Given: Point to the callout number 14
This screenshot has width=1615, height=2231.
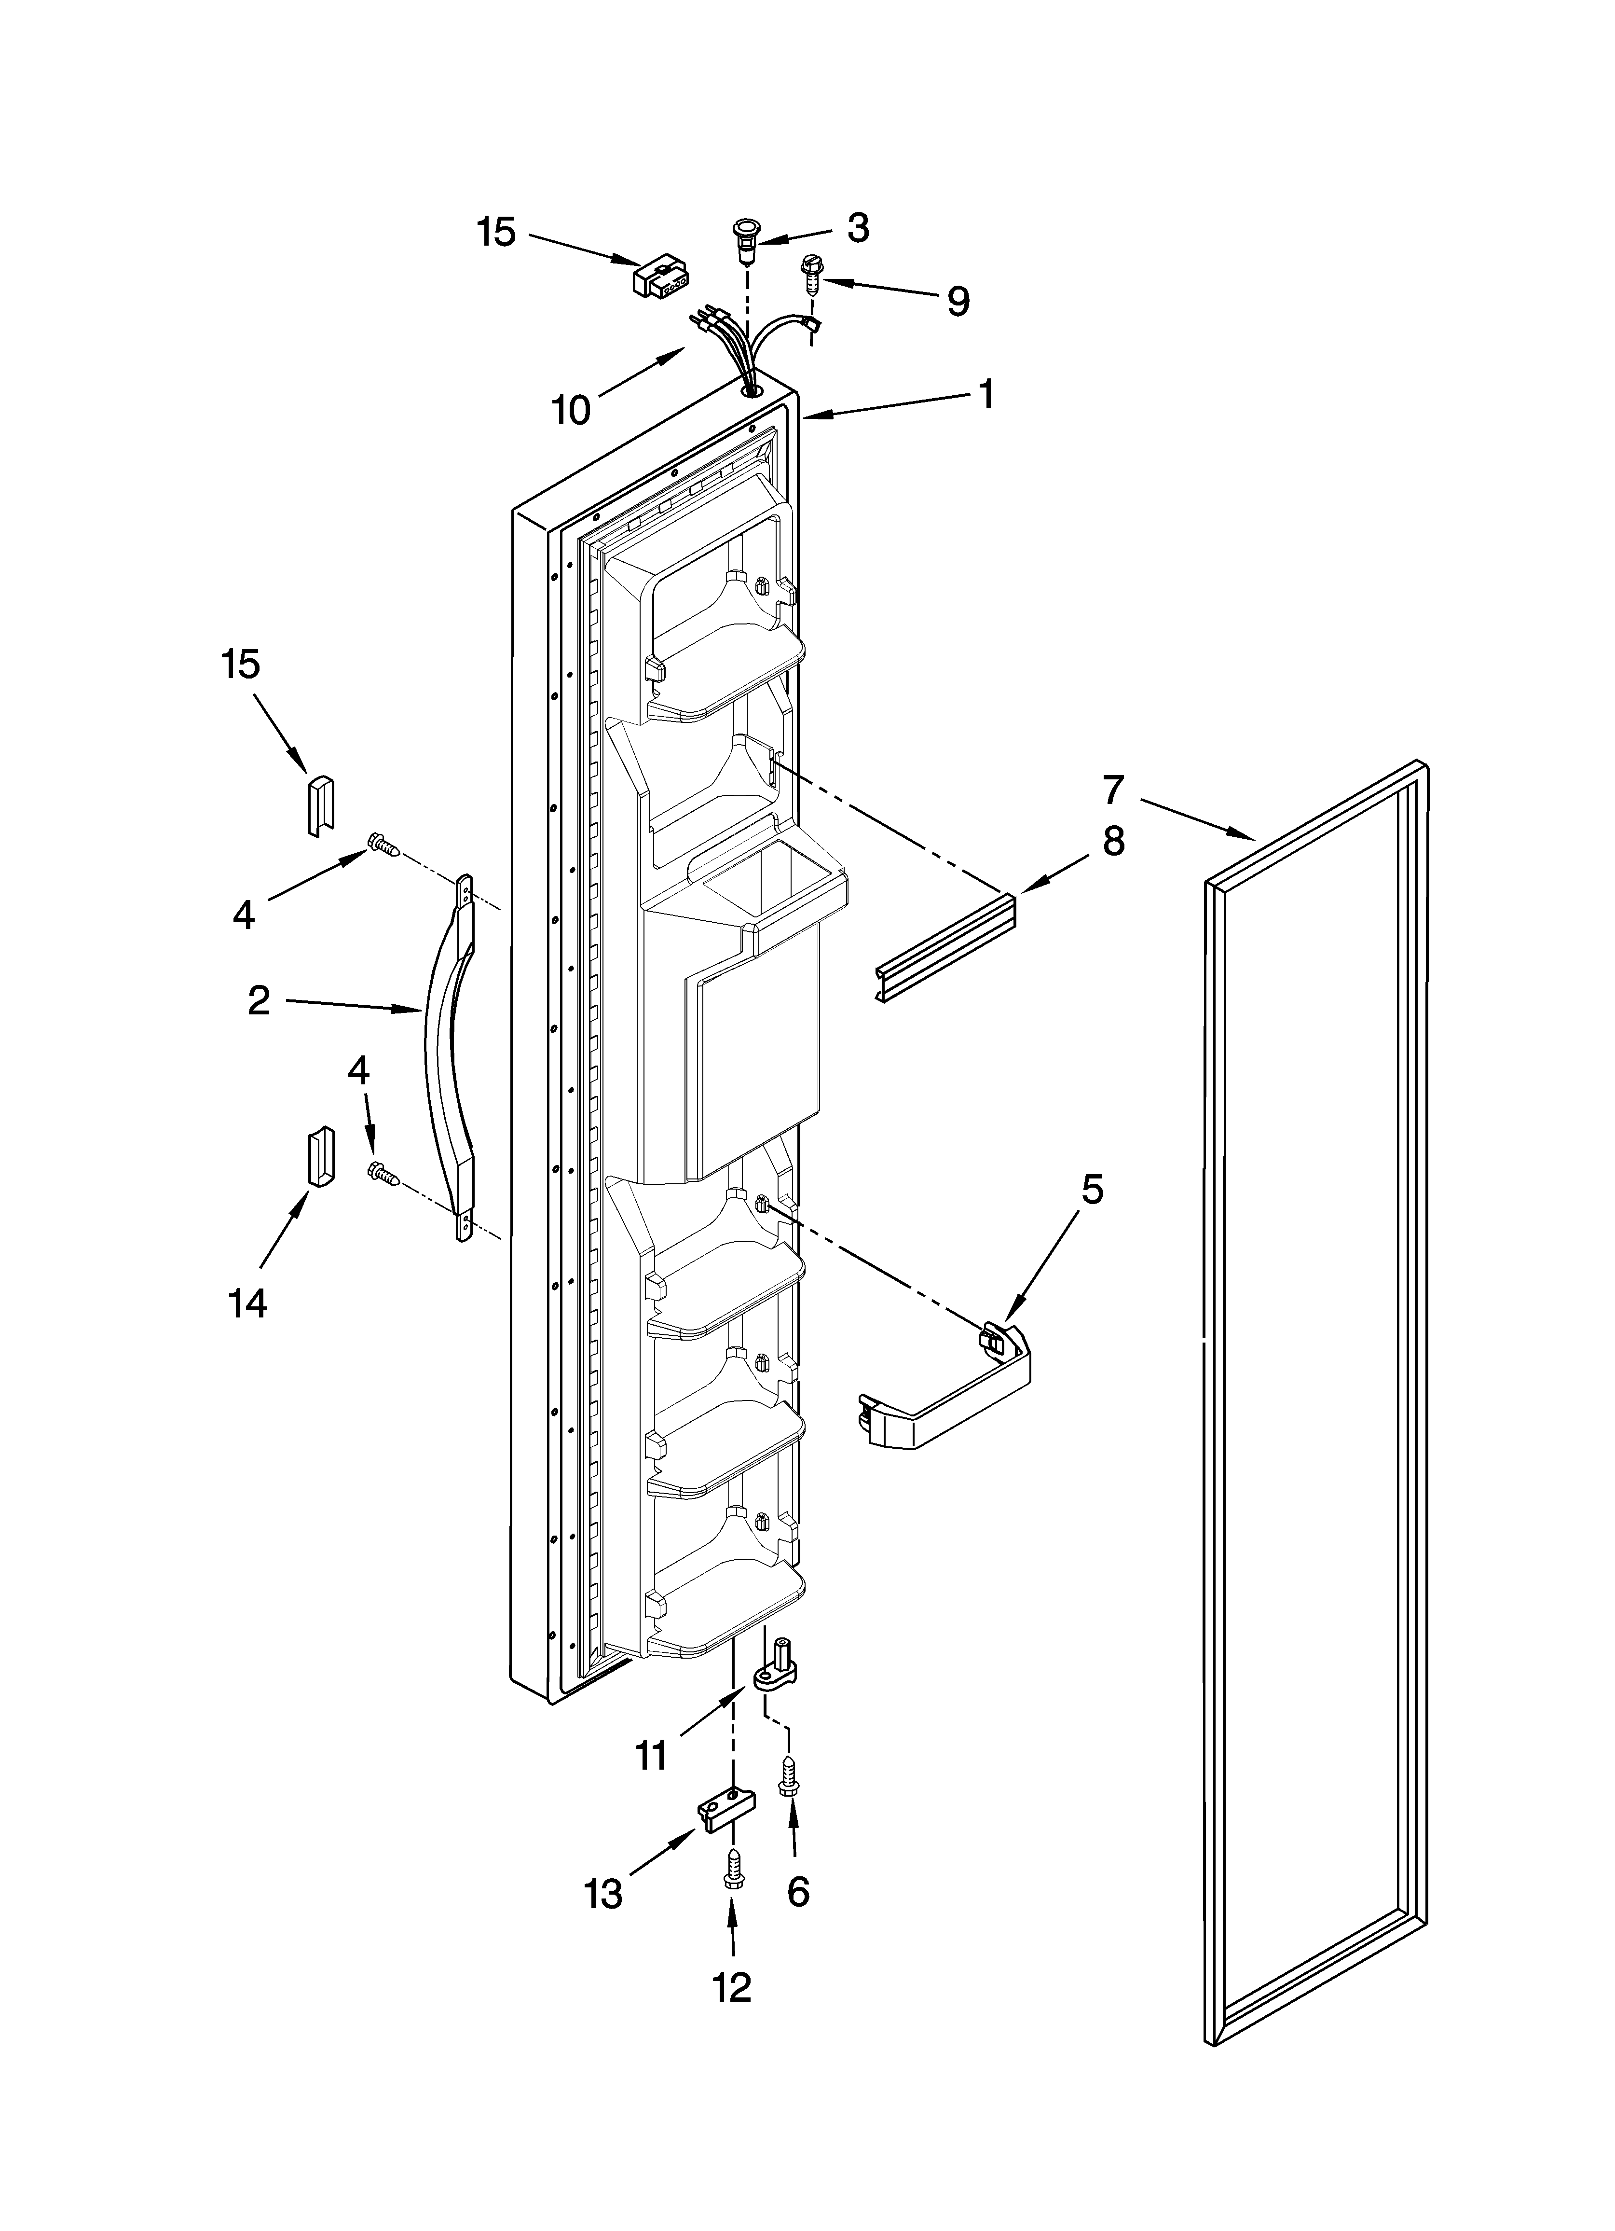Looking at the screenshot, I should point(248,1303).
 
